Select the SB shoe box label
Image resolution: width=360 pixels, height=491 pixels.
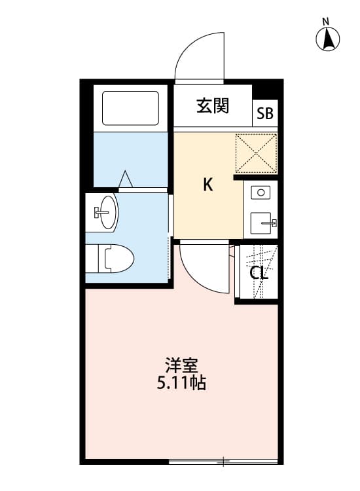pyautogui.click(x=265, y=113)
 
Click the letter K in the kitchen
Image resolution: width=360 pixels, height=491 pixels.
pyautogui.click(x=207, y=185)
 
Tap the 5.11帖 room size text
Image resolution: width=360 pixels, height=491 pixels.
pyautogui.click(x=181, y=384)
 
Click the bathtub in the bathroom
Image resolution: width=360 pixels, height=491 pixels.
pyautogui.click(x=131, y=109)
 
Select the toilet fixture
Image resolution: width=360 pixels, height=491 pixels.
pyautogui.click(x=113, y=258)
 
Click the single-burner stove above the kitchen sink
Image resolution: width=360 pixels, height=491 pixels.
pyautogui.click(x=262, y=192)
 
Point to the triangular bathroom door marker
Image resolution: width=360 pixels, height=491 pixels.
pyautogui.click(x=126, y=179)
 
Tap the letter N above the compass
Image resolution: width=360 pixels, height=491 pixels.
pyautogui.click(x=325, y=22)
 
